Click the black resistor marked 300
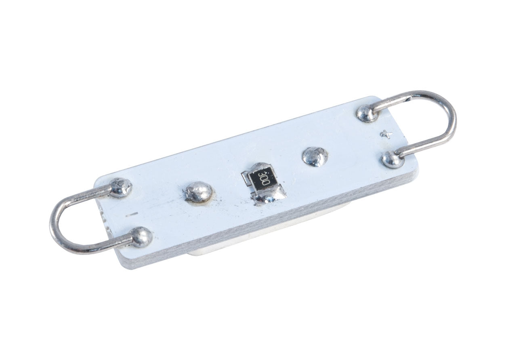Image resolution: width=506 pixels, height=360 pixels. coord(262,180)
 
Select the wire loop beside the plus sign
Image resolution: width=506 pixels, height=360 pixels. coord(454,122)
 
